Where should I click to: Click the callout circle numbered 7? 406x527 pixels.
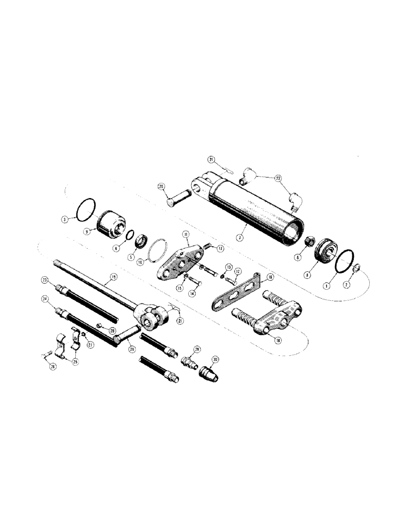239,238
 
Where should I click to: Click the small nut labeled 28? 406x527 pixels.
99,326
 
